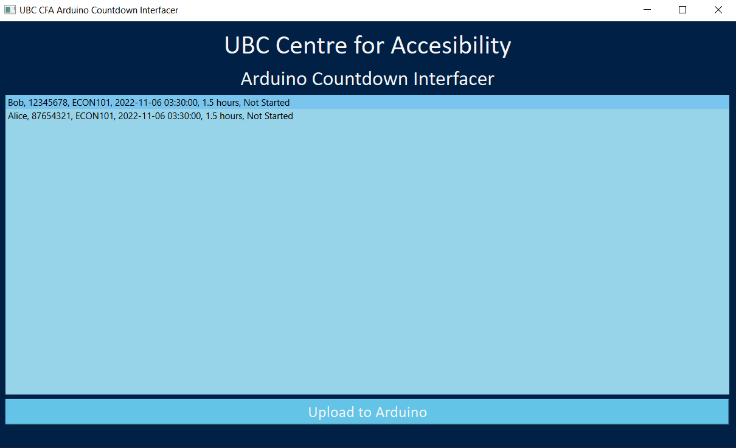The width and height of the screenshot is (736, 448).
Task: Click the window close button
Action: pyautogui.click(x=718, y=10)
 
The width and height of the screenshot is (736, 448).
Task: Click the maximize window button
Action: pyautogui.click(x=682, y=10)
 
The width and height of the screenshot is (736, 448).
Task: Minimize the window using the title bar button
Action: pyautogui.click(x=647, y=10)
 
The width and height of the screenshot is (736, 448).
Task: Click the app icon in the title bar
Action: pyautogui.click(x=10, y=10)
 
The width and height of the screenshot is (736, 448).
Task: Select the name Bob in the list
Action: pyautogui.click(x=15, y=103)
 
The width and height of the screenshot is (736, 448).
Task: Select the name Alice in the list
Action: pyautogui.click(x=18, y=116)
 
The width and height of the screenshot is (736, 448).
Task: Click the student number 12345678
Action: pyautogui.click(x=48, y=103)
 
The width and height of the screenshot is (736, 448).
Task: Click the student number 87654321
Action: pyautogui.click(x=51, y=116)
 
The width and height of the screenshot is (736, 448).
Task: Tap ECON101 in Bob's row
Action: pyautogui.click(x=91, y=103)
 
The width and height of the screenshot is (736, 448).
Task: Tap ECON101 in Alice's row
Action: pyautogui.click(x=95, y=116)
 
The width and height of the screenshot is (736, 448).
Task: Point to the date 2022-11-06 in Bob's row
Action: pyautogui.click(x=138, y=103)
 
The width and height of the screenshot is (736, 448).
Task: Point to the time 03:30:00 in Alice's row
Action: pyautogui.click(x=184, y=116)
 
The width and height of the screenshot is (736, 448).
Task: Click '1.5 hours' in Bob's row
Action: pyautogui.click(x=220, y=103)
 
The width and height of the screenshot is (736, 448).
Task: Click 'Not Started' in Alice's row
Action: pyautogui.click(x=269, y=116)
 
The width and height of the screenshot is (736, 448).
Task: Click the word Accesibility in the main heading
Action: pyautogui.click(x=451, y=46)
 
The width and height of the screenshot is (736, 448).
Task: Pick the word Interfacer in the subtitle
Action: pyautogui.click(x=454, y=79)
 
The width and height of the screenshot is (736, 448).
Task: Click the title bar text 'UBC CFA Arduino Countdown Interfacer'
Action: pyautogui.click(x=99, y=10)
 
